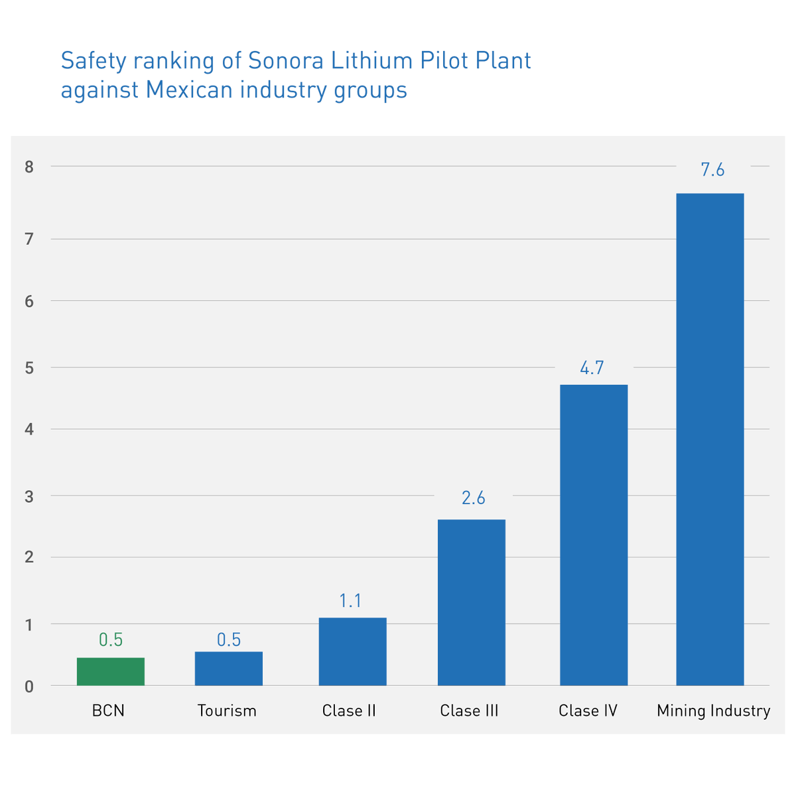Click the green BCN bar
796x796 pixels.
pos(111,671)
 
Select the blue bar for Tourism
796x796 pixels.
pos(229,669)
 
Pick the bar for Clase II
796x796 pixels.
pos(352,651)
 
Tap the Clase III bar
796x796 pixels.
pos(472,602)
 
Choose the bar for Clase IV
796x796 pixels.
pos(594,535)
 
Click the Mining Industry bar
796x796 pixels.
pos(710,439)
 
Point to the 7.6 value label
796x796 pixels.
pos(712,170)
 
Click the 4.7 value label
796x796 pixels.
pos(592,368)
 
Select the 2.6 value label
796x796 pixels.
pos(473,498)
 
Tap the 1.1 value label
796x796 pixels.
pos(350,601)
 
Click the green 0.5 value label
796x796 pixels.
pos(111,640)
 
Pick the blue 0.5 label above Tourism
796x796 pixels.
pos(229,640)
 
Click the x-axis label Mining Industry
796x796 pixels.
pos(713,711)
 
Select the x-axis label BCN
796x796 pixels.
pos(108,711)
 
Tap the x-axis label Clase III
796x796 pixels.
pos(469,711)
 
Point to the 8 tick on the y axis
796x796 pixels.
pos(29,167)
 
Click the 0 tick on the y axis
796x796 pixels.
pos(29,687)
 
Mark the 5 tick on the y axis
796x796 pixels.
pos(29,368)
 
